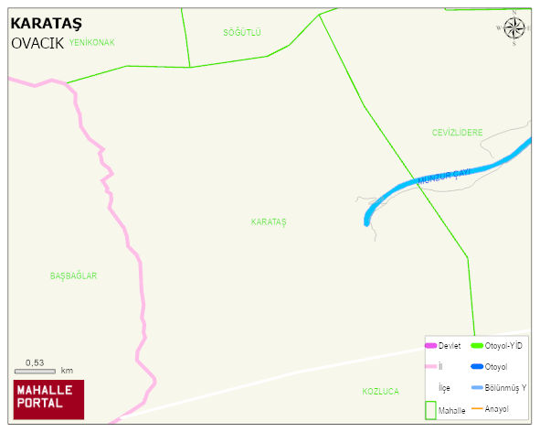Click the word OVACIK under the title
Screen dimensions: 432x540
[x=37, y=43]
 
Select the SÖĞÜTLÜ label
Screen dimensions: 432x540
[x=242, y=33]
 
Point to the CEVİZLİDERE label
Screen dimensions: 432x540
[x=457, y=133]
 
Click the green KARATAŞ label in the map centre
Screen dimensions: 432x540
[x=269, y=222]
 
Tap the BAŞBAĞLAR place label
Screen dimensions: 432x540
[x=74, y=275]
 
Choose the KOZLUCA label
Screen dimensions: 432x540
[x=380, y=392]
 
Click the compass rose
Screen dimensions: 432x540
[x=514, y=27]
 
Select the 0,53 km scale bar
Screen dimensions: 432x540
[x=36, y=371]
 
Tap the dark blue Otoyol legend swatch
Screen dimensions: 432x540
[x=477, y=367]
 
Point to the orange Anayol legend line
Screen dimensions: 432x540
[x=477, y=408]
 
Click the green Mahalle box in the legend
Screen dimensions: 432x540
[x=431, y=410]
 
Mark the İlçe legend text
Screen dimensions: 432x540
[x=444, y=388]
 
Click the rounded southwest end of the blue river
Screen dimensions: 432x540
[x=367, y=221]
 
